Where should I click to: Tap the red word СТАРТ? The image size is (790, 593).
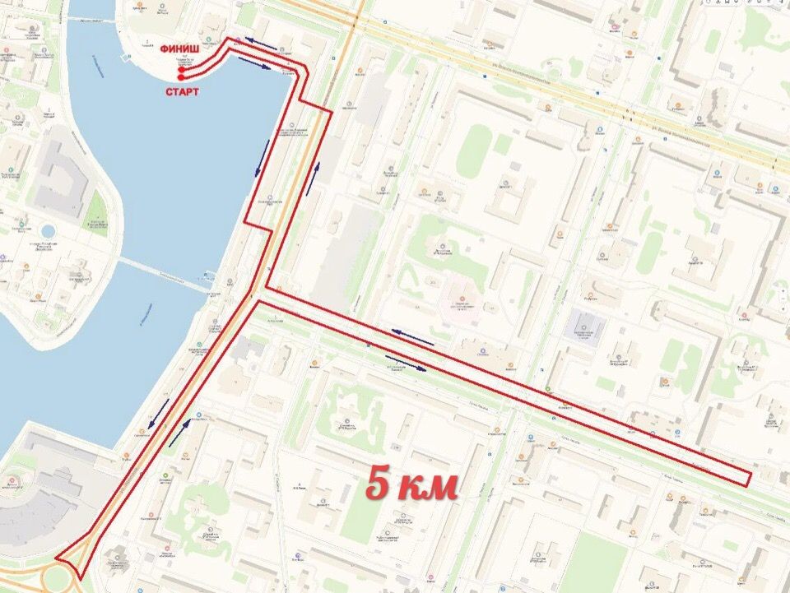182,92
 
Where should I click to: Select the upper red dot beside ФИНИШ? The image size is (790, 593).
180,69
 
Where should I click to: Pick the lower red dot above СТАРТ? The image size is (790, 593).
180,77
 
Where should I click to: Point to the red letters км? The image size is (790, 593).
427,487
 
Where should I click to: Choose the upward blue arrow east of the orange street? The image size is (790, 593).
313,178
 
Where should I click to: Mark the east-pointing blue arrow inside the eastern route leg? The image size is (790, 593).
406,362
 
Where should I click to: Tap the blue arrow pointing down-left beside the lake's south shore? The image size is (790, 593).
159,415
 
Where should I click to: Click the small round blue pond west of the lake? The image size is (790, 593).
47,231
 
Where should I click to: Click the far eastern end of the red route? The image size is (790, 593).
750,479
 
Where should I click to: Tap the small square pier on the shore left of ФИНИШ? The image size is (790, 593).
126,58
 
